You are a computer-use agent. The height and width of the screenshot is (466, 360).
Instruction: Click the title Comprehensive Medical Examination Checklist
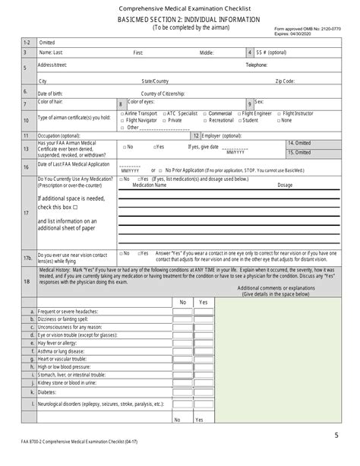coord(181,7)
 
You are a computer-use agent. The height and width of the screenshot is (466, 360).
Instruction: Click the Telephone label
coord(256,65)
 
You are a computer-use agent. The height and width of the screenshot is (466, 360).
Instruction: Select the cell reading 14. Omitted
coord(299,143)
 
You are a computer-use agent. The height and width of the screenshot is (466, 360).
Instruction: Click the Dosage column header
coord(285,185)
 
